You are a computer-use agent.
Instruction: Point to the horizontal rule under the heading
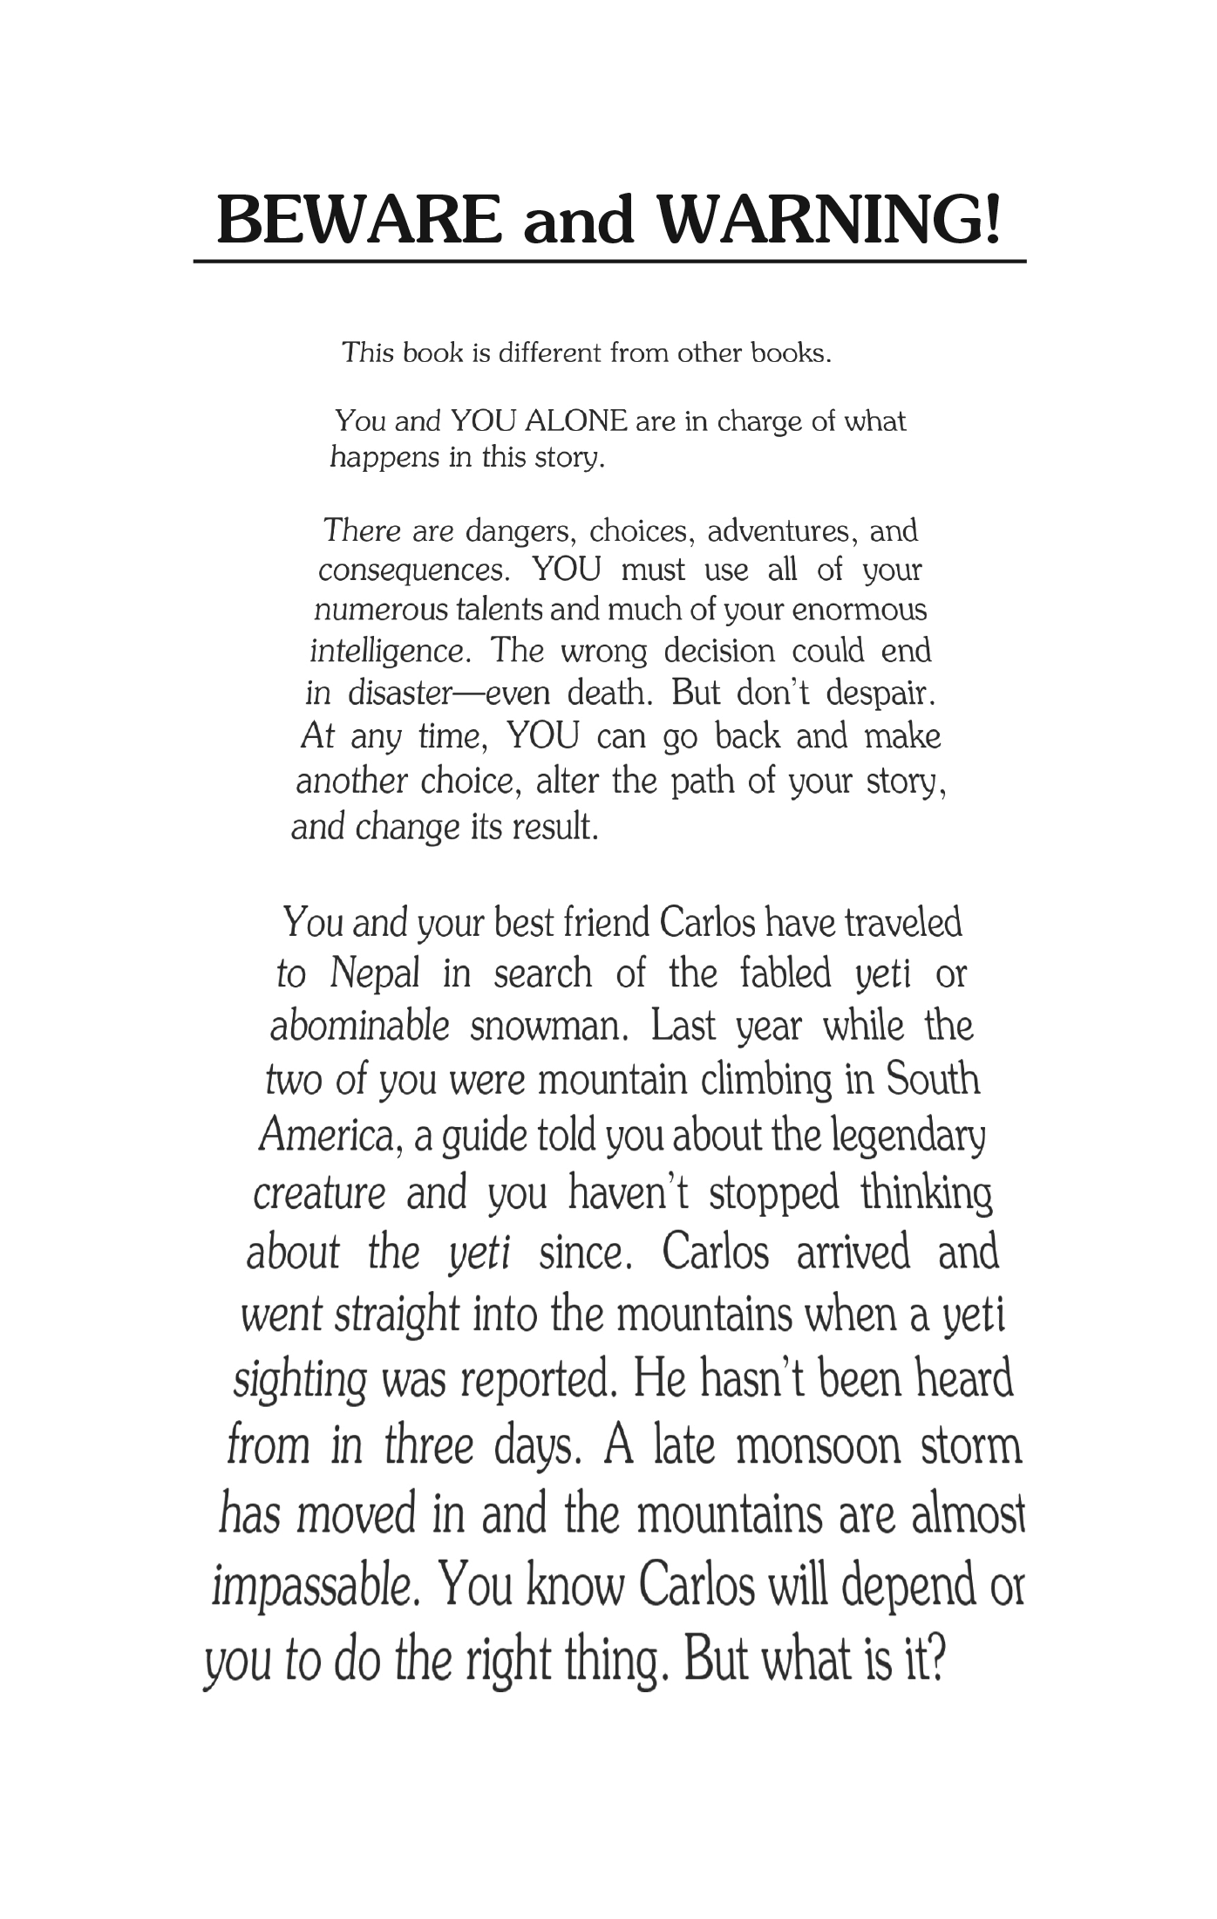tap(608, 261)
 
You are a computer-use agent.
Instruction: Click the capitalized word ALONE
tap(576, 421)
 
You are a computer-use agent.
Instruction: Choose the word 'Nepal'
tap(375, 973)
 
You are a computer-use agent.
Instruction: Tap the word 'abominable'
tap(359, 1026)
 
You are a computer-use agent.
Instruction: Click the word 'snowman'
tap(549, 1026)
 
